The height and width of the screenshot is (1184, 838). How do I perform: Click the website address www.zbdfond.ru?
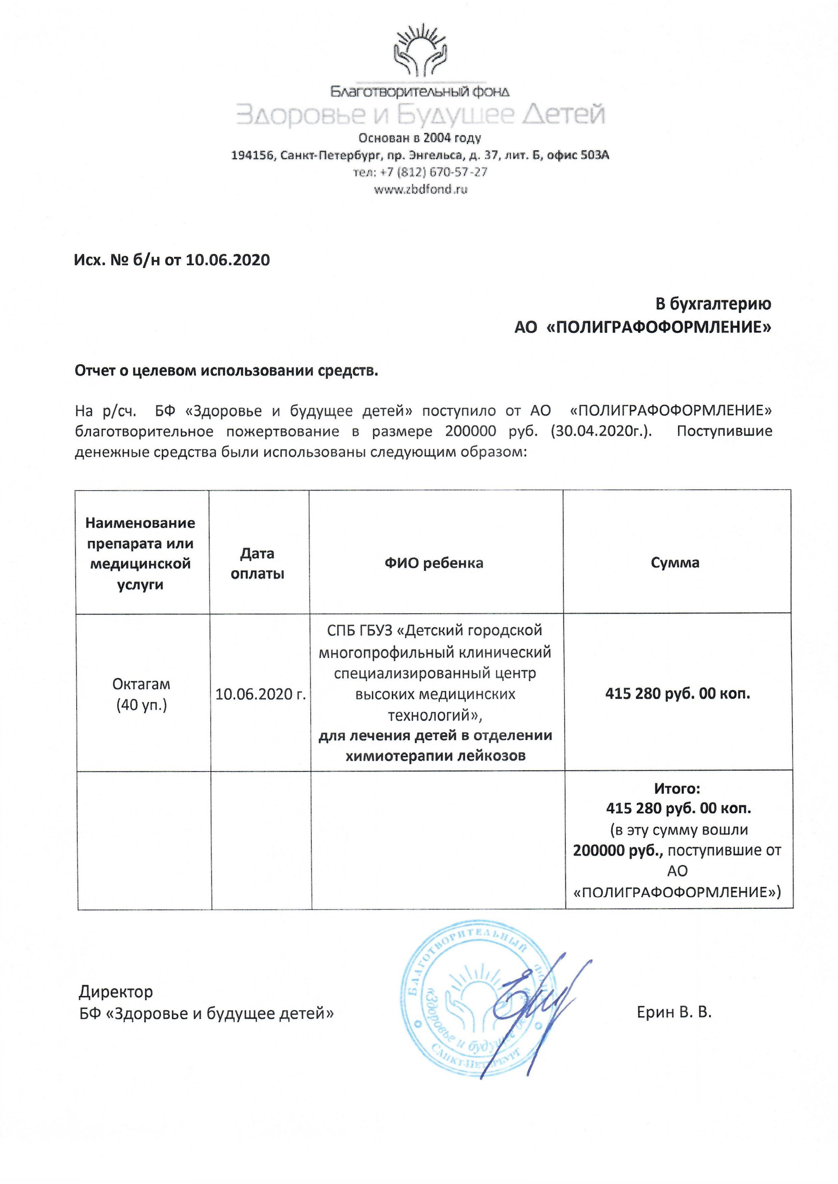(x=421, y=189)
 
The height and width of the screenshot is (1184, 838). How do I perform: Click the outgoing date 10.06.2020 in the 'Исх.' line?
(x=228, y=260)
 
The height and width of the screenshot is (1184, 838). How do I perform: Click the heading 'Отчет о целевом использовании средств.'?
(x=227, y=371)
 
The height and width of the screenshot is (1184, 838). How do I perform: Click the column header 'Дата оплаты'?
(x=257, y=563)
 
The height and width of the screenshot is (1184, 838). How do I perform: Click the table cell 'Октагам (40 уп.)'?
(x=142, y=694)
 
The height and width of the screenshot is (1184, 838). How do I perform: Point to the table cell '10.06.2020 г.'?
(x=260, y=694)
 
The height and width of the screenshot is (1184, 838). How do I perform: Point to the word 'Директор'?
(x=116, y=991)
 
